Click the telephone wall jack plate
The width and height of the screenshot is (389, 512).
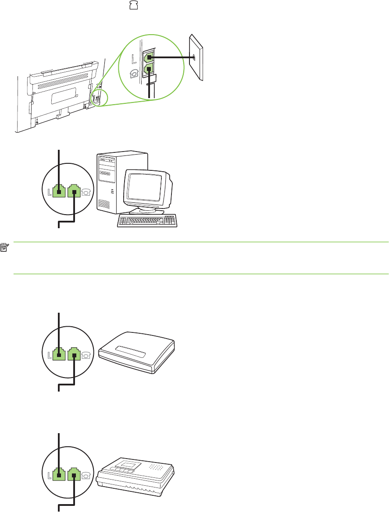pyautogui.click(x=196, y=57)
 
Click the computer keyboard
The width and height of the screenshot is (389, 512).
pyautogui.click(x=147, y=221)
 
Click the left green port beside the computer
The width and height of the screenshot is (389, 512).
pyautogui.click(x=59, y=191)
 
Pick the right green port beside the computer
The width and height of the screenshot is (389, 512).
pyautogui.click(x=75, y=191)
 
